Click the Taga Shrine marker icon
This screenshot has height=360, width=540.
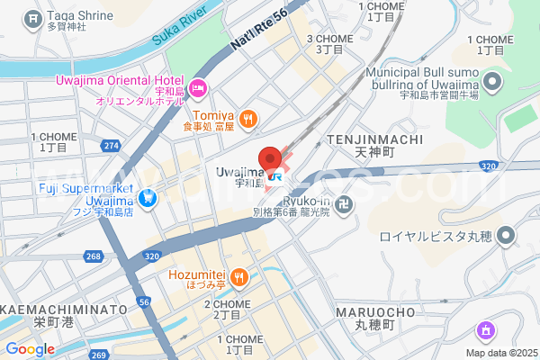pyautogui.click(x=33, y=17)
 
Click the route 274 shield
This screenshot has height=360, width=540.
pyautogui.click(x=112, y=145)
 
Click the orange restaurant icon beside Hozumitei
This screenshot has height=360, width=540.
pyautogui.click(x=238, y=276)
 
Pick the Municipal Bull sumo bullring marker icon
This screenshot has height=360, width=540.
pyautogui.click(x=491, y=85)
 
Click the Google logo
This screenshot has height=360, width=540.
pyautogui.click(x=30, y=349)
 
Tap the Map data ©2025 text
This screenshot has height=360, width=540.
pyautogui.click(x=499, y=353)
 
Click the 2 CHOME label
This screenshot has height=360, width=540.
pyautogui.click(x=231, y=304)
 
